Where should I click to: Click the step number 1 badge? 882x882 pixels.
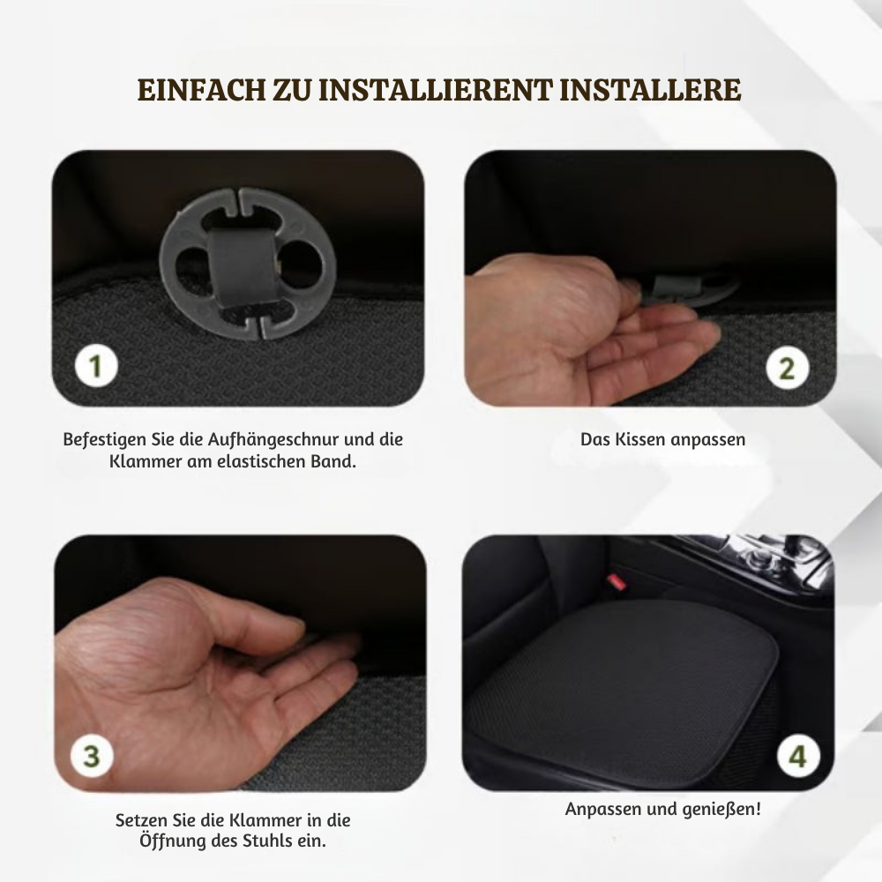(95, 367)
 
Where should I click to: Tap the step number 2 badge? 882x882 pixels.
(787, 367)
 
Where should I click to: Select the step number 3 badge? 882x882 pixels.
(93, 756)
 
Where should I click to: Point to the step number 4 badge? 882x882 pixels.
(797, 757)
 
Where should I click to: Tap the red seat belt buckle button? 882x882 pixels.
(617, 582)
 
